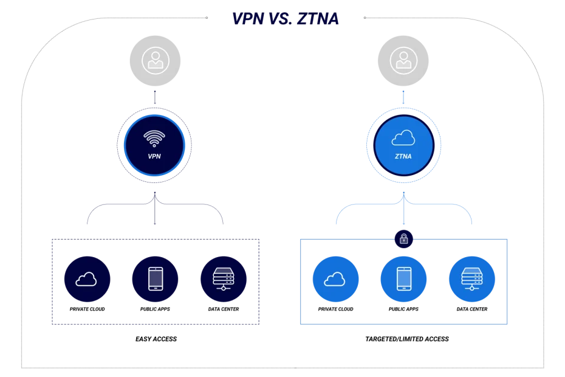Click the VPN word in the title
coord(248,19)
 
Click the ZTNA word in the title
coord(318,19)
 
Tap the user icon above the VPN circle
coord(155,60)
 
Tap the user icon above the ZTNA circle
coord(403,60)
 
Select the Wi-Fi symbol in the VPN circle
coord(154,138)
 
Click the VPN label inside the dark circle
coord(154,156)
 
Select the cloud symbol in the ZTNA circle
coord(403,139)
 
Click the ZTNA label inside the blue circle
coord(403,156)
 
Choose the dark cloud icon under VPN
coord(87,279)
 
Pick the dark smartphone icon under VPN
coord(155,279)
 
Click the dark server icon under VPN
coord(223,279)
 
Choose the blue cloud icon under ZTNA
coord(335,279)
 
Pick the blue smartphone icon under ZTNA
coord(403,279)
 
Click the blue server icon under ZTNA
coord(471,279)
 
